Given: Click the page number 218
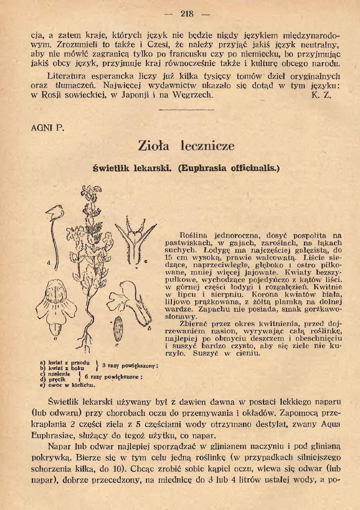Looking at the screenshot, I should point(187,14).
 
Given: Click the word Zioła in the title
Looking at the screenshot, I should point(153,146).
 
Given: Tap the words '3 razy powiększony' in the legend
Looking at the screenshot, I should point(130,365).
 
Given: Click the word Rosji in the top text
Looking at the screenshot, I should point(49,96).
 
